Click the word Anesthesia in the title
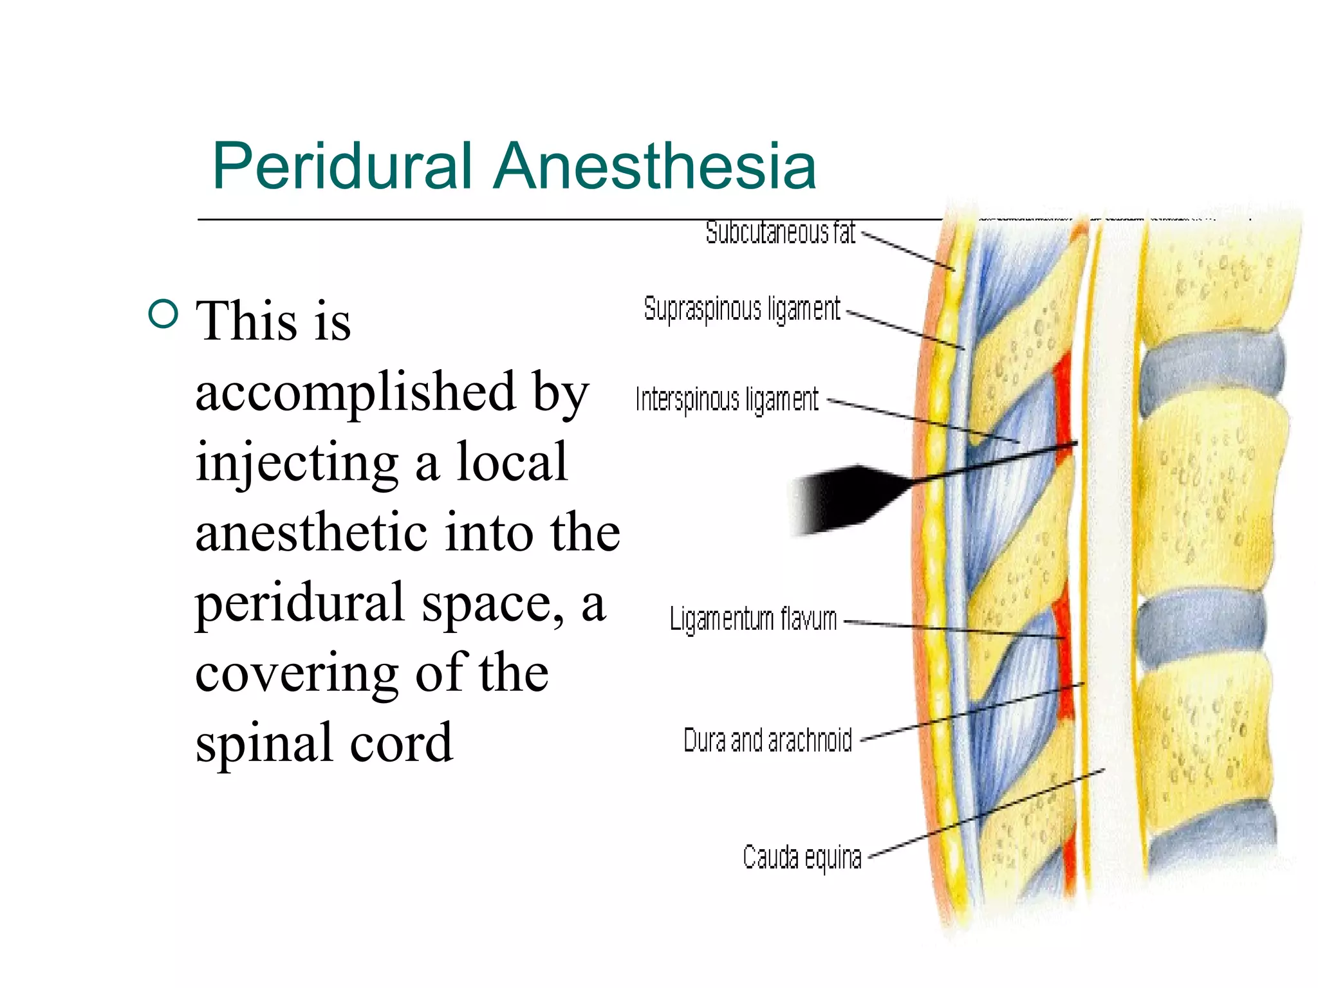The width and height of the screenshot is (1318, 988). click(x=654, y=167)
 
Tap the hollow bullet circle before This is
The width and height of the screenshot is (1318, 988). click(x=163, y=314)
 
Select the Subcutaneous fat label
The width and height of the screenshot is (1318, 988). click(x=780, y=233)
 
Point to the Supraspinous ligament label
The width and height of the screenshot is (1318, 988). click(x=741, y=309)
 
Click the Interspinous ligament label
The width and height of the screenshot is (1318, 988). click(x=727, y=399)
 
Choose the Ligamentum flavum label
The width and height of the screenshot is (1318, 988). click(x=753, y=619)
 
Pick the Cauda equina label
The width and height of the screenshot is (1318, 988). click(x=801, y=857)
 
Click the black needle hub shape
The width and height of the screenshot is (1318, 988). click(x=843, y=499)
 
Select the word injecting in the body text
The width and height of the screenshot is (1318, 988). click(x=297, y=462)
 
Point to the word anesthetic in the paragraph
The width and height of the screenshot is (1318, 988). click(x=311, y=533)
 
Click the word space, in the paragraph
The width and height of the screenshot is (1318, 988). click(x=492, y=603)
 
